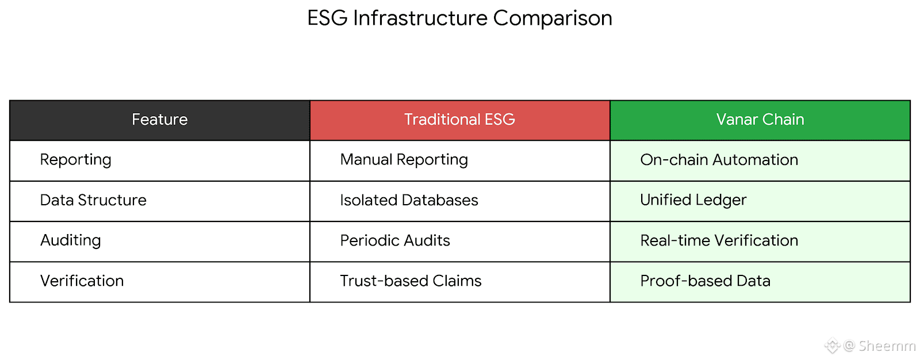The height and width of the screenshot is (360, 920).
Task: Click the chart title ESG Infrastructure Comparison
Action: tap(459, 18)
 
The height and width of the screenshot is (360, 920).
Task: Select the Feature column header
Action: tap(160, 120)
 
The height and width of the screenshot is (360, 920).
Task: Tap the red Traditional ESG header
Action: tap(459, 120)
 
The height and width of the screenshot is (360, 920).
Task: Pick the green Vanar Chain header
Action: tap(760, 120)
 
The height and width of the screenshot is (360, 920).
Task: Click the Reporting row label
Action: tap(75, 160)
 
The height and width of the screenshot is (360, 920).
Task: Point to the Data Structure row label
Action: tap(93, 200)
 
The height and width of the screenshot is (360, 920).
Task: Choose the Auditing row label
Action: tap(71, 240)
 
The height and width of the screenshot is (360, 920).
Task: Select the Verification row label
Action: tap(82, 281)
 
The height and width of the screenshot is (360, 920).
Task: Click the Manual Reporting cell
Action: tap(404, 160)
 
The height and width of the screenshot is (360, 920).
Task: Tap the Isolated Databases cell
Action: tap(409, 200)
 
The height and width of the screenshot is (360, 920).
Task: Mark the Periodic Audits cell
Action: tap(395, 240)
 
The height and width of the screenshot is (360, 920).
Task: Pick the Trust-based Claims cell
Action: tap(411, 281)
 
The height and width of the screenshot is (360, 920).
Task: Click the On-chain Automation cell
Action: tap(719, 160)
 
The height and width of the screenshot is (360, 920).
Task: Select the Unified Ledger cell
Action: tap(693, 200)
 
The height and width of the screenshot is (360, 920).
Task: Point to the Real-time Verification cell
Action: tap(719, 240)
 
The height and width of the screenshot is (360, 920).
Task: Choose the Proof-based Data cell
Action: tap(705, 281)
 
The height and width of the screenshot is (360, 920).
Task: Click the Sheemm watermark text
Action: tap(887, 346)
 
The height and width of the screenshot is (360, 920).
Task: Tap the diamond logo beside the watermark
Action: tap(833, 346)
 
